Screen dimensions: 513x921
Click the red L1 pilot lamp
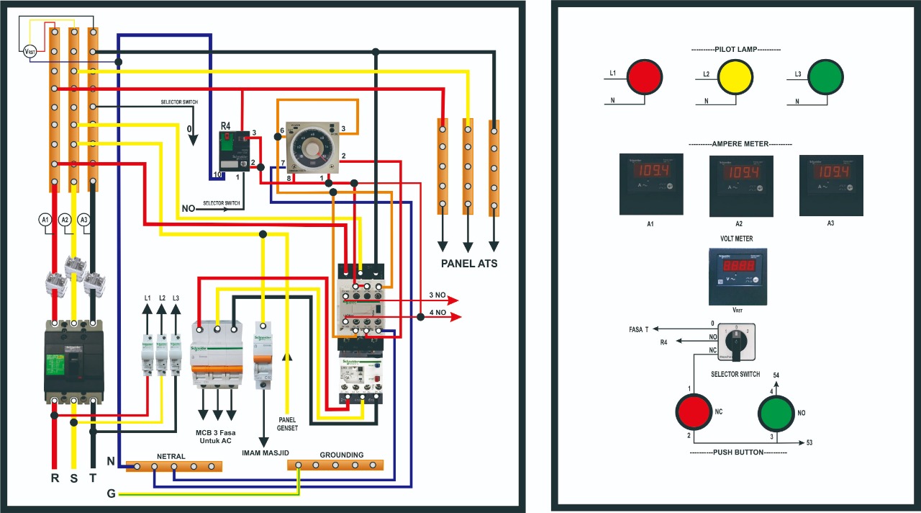[x=644, y=76]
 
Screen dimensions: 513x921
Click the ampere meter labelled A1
[x=651, y=184]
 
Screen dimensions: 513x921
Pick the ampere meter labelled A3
[x=831, y=185]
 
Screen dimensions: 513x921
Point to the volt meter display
[x=738, y=277]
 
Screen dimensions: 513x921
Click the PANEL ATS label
[x=468, y=264]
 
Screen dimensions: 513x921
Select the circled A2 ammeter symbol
[x=65, y=219]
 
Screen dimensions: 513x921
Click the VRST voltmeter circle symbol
[x=30, y=51]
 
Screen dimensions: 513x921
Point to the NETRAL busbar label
[x=171, y=456]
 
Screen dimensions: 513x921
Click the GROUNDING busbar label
[x=342, y=455]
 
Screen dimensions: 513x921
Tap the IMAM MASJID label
[x=266, y=452]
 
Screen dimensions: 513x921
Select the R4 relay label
[x=226, y=126]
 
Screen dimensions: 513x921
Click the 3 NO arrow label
[x=437, y=295]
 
